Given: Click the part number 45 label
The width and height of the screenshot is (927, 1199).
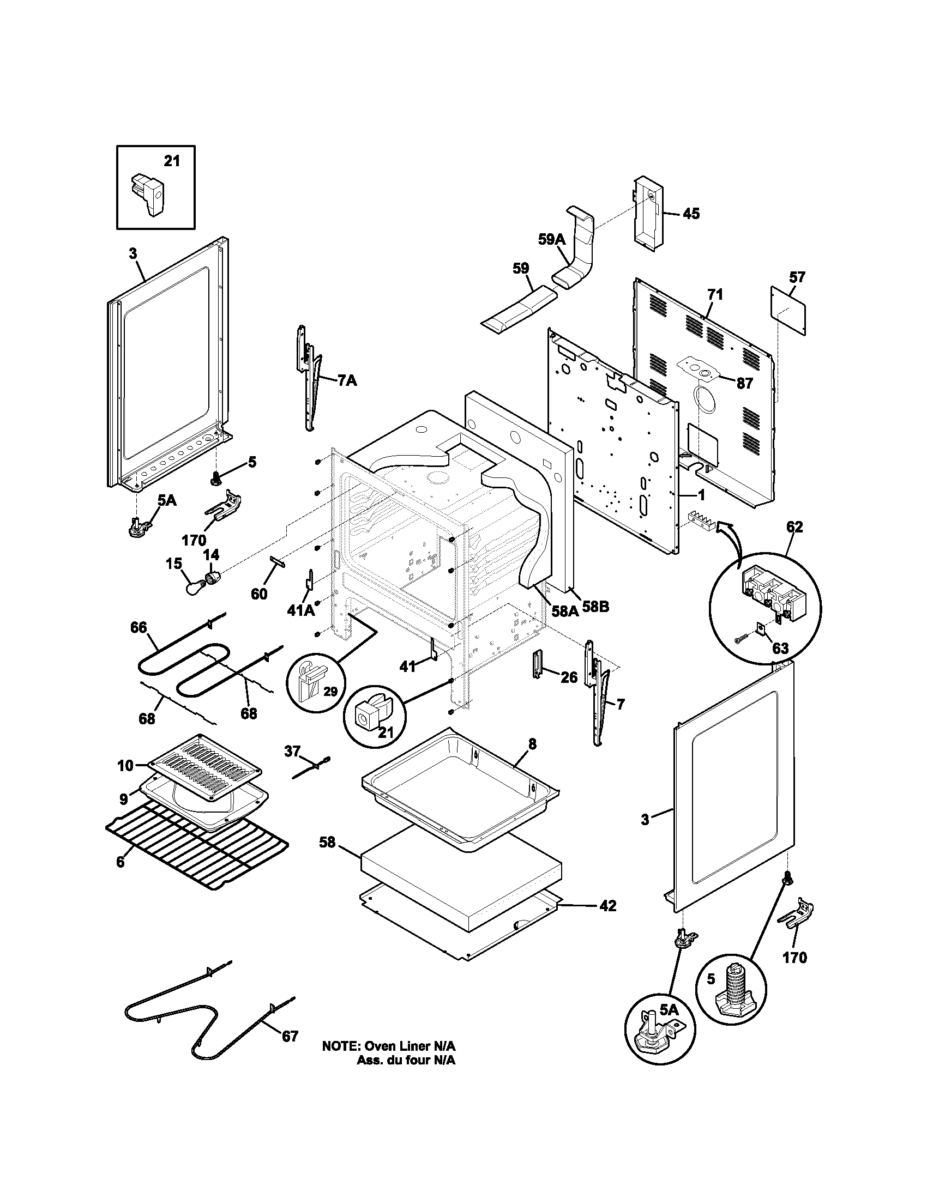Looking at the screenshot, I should tap(691, 214).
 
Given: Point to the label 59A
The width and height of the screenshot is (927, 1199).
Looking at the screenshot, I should tap(551, 239).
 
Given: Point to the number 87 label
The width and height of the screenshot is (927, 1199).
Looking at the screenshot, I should tap(744, 383).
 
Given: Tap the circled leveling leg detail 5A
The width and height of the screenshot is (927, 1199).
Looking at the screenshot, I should tap(660, 1030).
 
